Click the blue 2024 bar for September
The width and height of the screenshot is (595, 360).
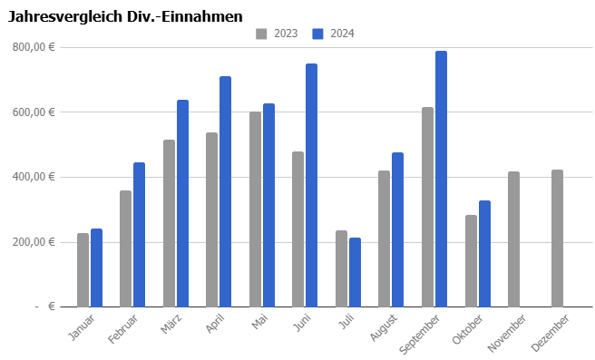441,179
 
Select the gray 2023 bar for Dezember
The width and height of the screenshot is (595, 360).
557,238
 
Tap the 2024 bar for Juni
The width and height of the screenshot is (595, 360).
311,185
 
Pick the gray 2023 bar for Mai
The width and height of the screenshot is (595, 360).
256,209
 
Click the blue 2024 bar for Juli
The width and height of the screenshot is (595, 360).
355,272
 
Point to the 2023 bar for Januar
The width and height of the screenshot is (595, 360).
83,270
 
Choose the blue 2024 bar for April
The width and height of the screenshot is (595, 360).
226,191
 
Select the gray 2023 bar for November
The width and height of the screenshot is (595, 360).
513,239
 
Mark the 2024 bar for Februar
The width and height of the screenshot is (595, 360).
140,235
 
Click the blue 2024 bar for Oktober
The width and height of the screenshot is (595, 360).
484,254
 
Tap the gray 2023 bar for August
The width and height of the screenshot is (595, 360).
384,238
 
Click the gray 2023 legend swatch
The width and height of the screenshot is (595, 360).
261,34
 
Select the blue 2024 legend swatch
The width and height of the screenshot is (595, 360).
317,34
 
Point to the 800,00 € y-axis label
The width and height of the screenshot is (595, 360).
34,47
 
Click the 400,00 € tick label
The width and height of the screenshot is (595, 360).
34,177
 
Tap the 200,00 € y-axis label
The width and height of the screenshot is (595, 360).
34,242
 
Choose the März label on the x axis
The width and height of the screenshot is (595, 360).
171,324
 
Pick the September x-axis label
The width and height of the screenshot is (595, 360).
419,334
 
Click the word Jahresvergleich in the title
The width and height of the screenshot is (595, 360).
65,17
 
